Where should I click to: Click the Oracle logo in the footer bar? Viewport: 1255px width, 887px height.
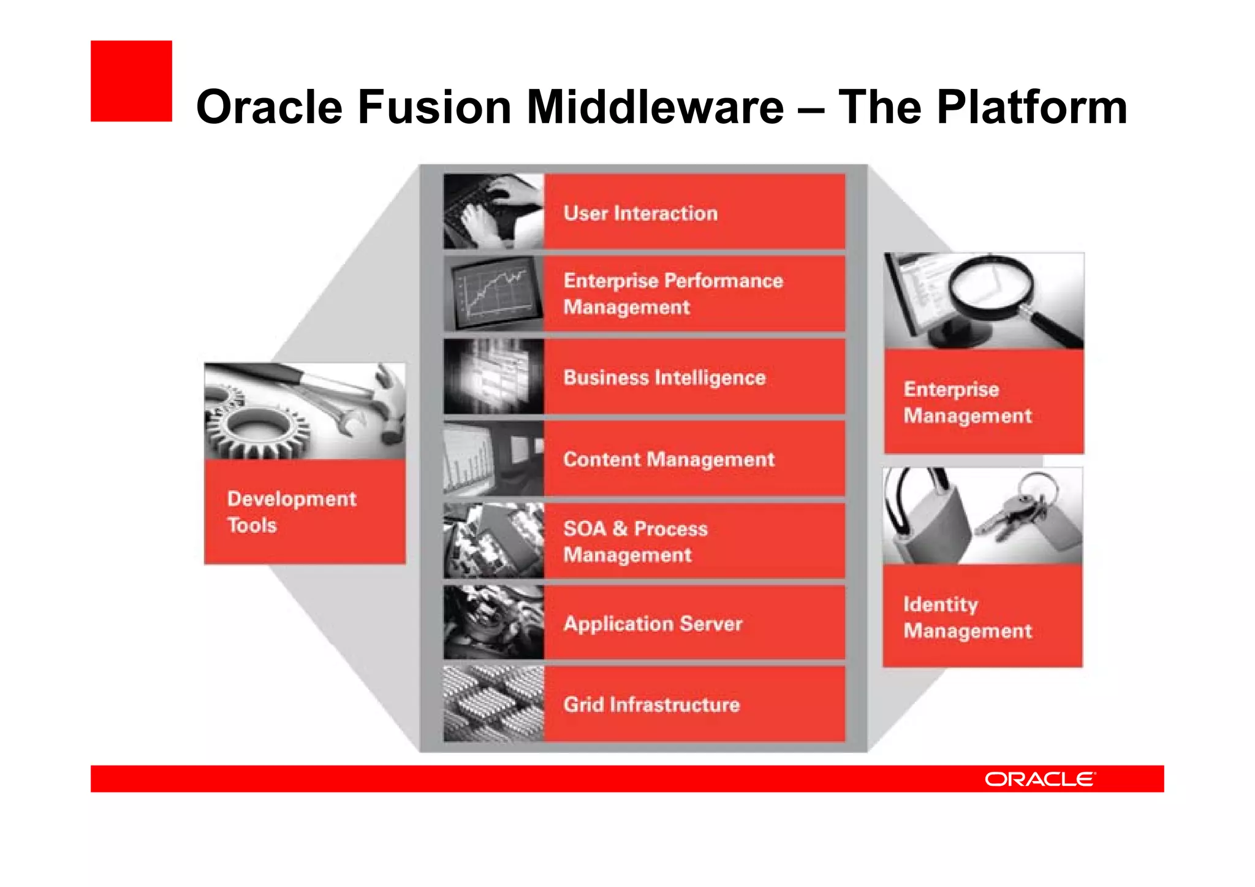coord(1039,779)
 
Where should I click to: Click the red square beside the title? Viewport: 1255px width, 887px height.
coord(131,81)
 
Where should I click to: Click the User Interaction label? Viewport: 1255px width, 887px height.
coord(640,213)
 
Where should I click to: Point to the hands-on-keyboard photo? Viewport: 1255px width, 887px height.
coord(493,211)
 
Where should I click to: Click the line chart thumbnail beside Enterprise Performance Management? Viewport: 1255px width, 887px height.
coord(493,294)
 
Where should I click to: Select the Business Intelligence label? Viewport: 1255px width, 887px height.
coord(664,378)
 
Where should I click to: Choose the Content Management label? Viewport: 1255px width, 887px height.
coord(669,460)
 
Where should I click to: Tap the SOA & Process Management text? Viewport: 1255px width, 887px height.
coord(635,542)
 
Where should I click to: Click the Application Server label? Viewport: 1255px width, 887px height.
coord(653,624)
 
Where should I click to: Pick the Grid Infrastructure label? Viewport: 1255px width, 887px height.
coord(651,705)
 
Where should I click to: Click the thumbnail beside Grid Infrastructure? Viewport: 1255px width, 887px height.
coord(493,704)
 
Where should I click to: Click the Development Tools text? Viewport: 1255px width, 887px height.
coord(291,512)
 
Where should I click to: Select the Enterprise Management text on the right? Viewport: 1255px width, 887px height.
coord(967,403)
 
